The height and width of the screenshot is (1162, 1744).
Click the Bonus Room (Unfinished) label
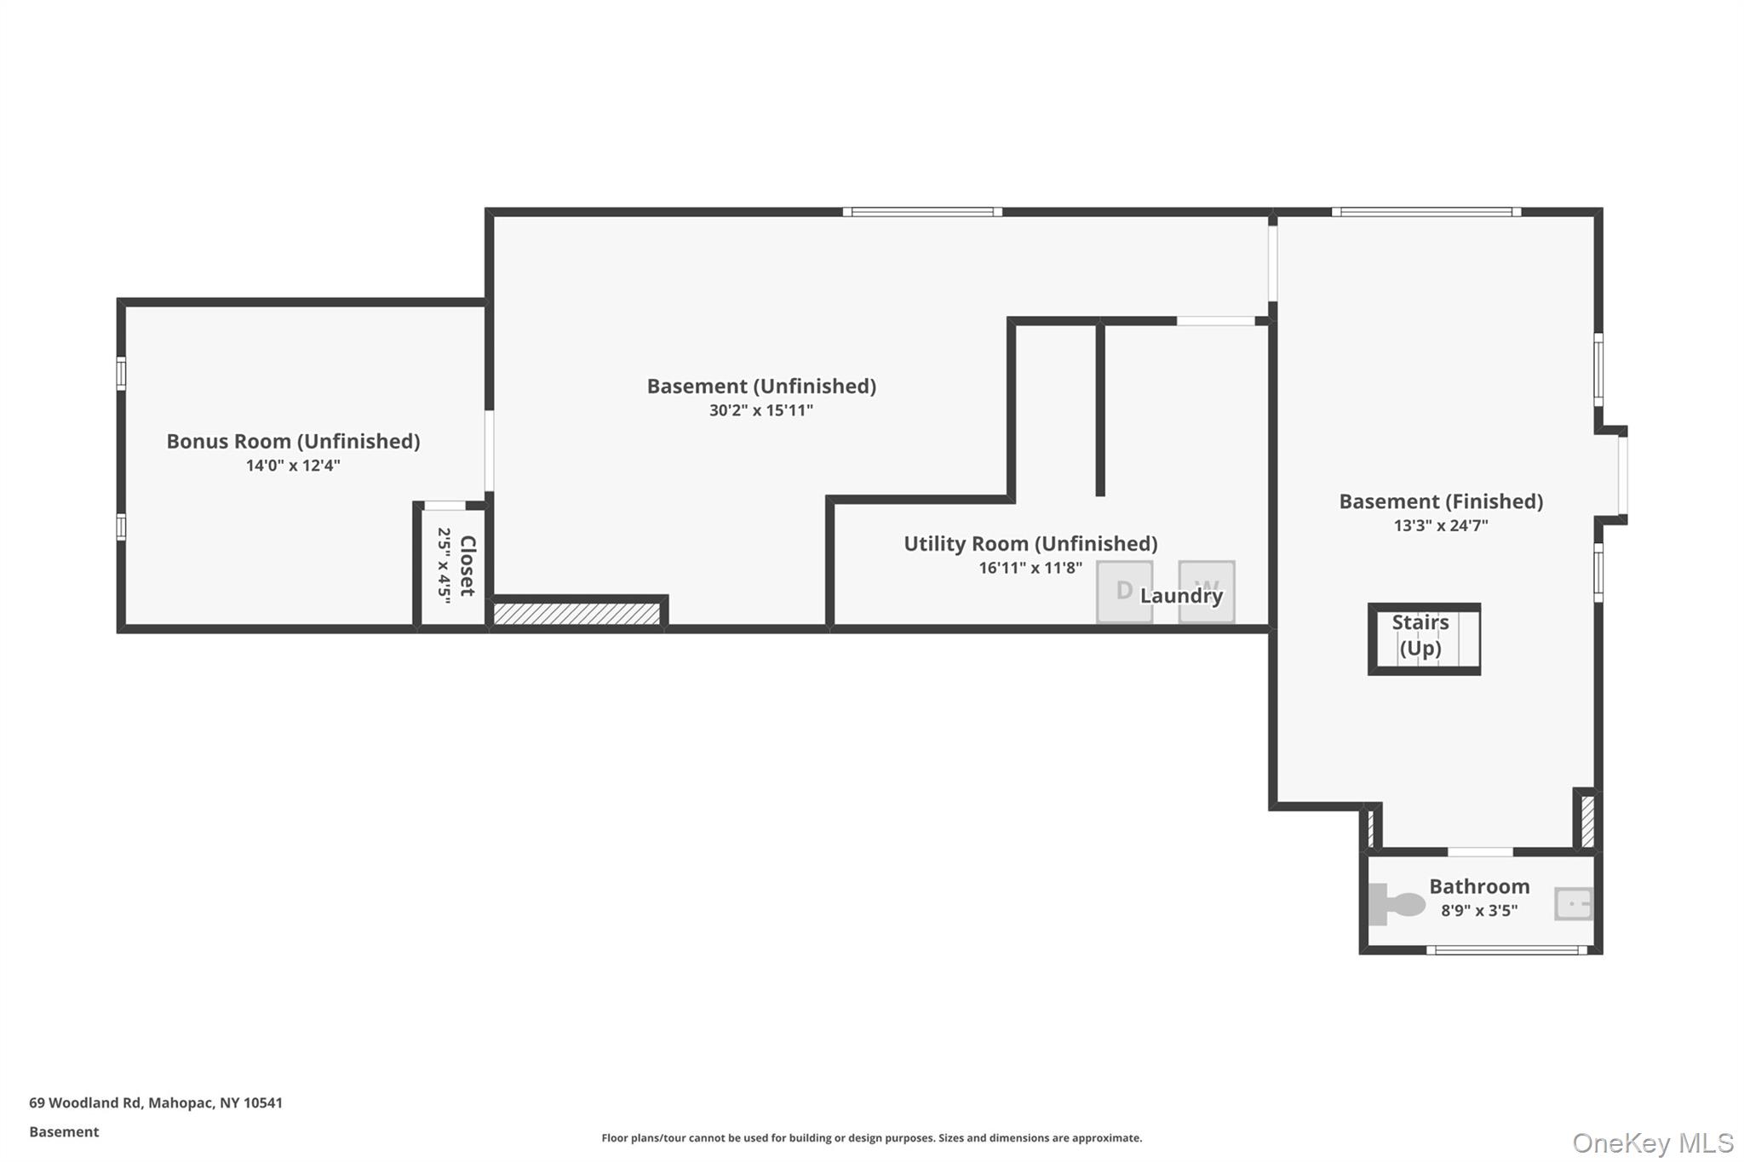click(293, 441)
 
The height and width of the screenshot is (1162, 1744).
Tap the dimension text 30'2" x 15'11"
click(760, 410)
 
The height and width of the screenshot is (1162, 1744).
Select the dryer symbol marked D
click(1124, 591)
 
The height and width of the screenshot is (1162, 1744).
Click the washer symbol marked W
click(1207, 591)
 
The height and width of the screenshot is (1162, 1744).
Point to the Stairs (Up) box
click(1423, 638)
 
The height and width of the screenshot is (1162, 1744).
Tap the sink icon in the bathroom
click(1572, 903)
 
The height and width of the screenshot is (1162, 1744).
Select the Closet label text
click(468, 565)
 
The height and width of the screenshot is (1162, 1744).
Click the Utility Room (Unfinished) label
click(1030, 543)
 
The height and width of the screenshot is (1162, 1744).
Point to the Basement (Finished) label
click(1441, 501)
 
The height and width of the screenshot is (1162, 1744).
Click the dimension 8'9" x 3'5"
click(1479, 911)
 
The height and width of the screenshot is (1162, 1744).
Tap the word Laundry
click(1181, 596)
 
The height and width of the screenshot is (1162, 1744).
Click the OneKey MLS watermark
click(1652, 1142)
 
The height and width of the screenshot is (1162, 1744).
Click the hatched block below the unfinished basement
click(577, 614)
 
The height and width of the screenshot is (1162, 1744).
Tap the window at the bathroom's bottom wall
click(1506, 950)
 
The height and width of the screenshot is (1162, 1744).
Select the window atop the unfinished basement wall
click(922, 212)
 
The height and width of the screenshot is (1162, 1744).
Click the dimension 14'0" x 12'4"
click(293, 466)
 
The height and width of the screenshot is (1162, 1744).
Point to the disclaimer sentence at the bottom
click(871, 1137)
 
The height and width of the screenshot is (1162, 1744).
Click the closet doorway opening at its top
click(445, 506)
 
